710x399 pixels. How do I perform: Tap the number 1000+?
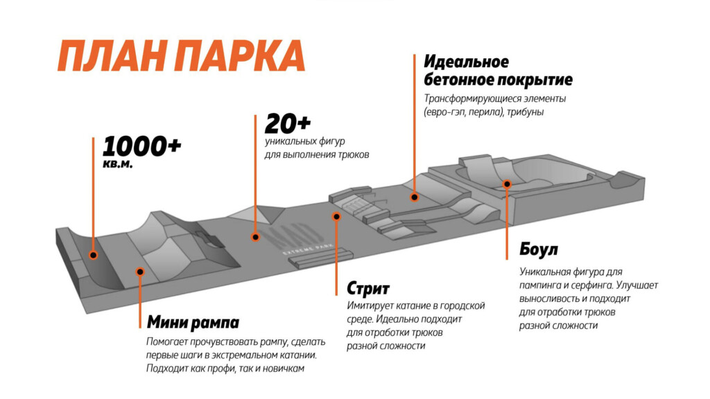coord(142,146)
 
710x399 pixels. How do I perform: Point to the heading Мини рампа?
coord(193,323)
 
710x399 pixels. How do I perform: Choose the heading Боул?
coord(539,249)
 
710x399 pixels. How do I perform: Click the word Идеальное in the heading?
coord(466,62)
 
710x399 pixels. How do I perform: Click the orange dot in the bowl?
coord(507,184)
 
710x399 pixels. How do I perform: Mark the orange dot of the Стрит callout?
coord(336,216)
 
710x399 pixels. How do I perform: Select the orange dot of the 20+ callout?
coord(255,237)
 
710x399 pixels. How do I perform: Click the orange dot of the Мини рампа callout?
coord(140,272)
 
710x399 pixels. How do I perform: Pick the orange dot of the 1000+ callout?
coord(93,256)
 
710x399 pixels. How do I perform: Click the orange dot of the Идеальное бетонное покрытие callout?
coord(415,197)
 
